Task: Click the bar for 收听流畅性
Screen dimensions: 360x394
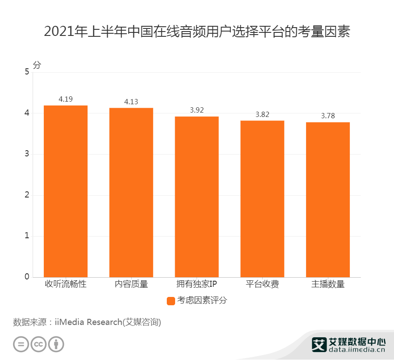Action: click(66, 191)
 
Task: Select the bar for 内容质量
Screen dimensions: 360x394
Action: click(131, 192)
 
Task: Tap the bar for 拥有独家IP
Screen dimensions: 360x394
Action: click(197, 197)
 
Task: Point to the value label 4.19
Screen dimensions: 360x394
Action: click(66, 99)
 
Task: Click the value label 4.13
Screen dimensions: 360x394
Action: click(131, 102)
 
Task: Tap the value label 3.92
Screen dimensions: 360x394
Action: click(197, 110)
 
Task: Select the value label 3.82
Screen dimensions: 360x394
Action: click(262, 114)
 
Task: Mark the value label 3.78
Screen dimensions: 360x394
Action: click(328, 116)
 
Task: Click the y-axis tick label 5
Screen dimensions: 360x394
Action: click(27, 72)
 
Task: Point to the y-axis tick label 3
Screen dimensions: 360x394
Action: click(27, 154)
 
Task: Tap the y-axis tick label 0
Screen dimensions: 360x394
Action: click(27, 277)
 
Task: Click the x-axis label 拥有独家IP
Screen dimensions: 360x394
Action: click(197, 284)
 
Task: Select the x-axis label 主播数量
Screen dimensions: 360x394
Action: click(328, 284)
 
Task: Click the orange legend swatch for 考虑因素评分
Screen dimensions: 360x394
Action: click(171, 301)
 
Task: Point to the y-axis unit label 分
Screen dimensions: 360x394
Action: click(36, 65)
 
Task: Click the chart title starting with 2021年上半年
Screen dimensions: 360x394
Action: click(197, 32)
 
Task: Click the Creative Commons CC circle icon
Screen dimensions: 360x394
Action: click(39, 344)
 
